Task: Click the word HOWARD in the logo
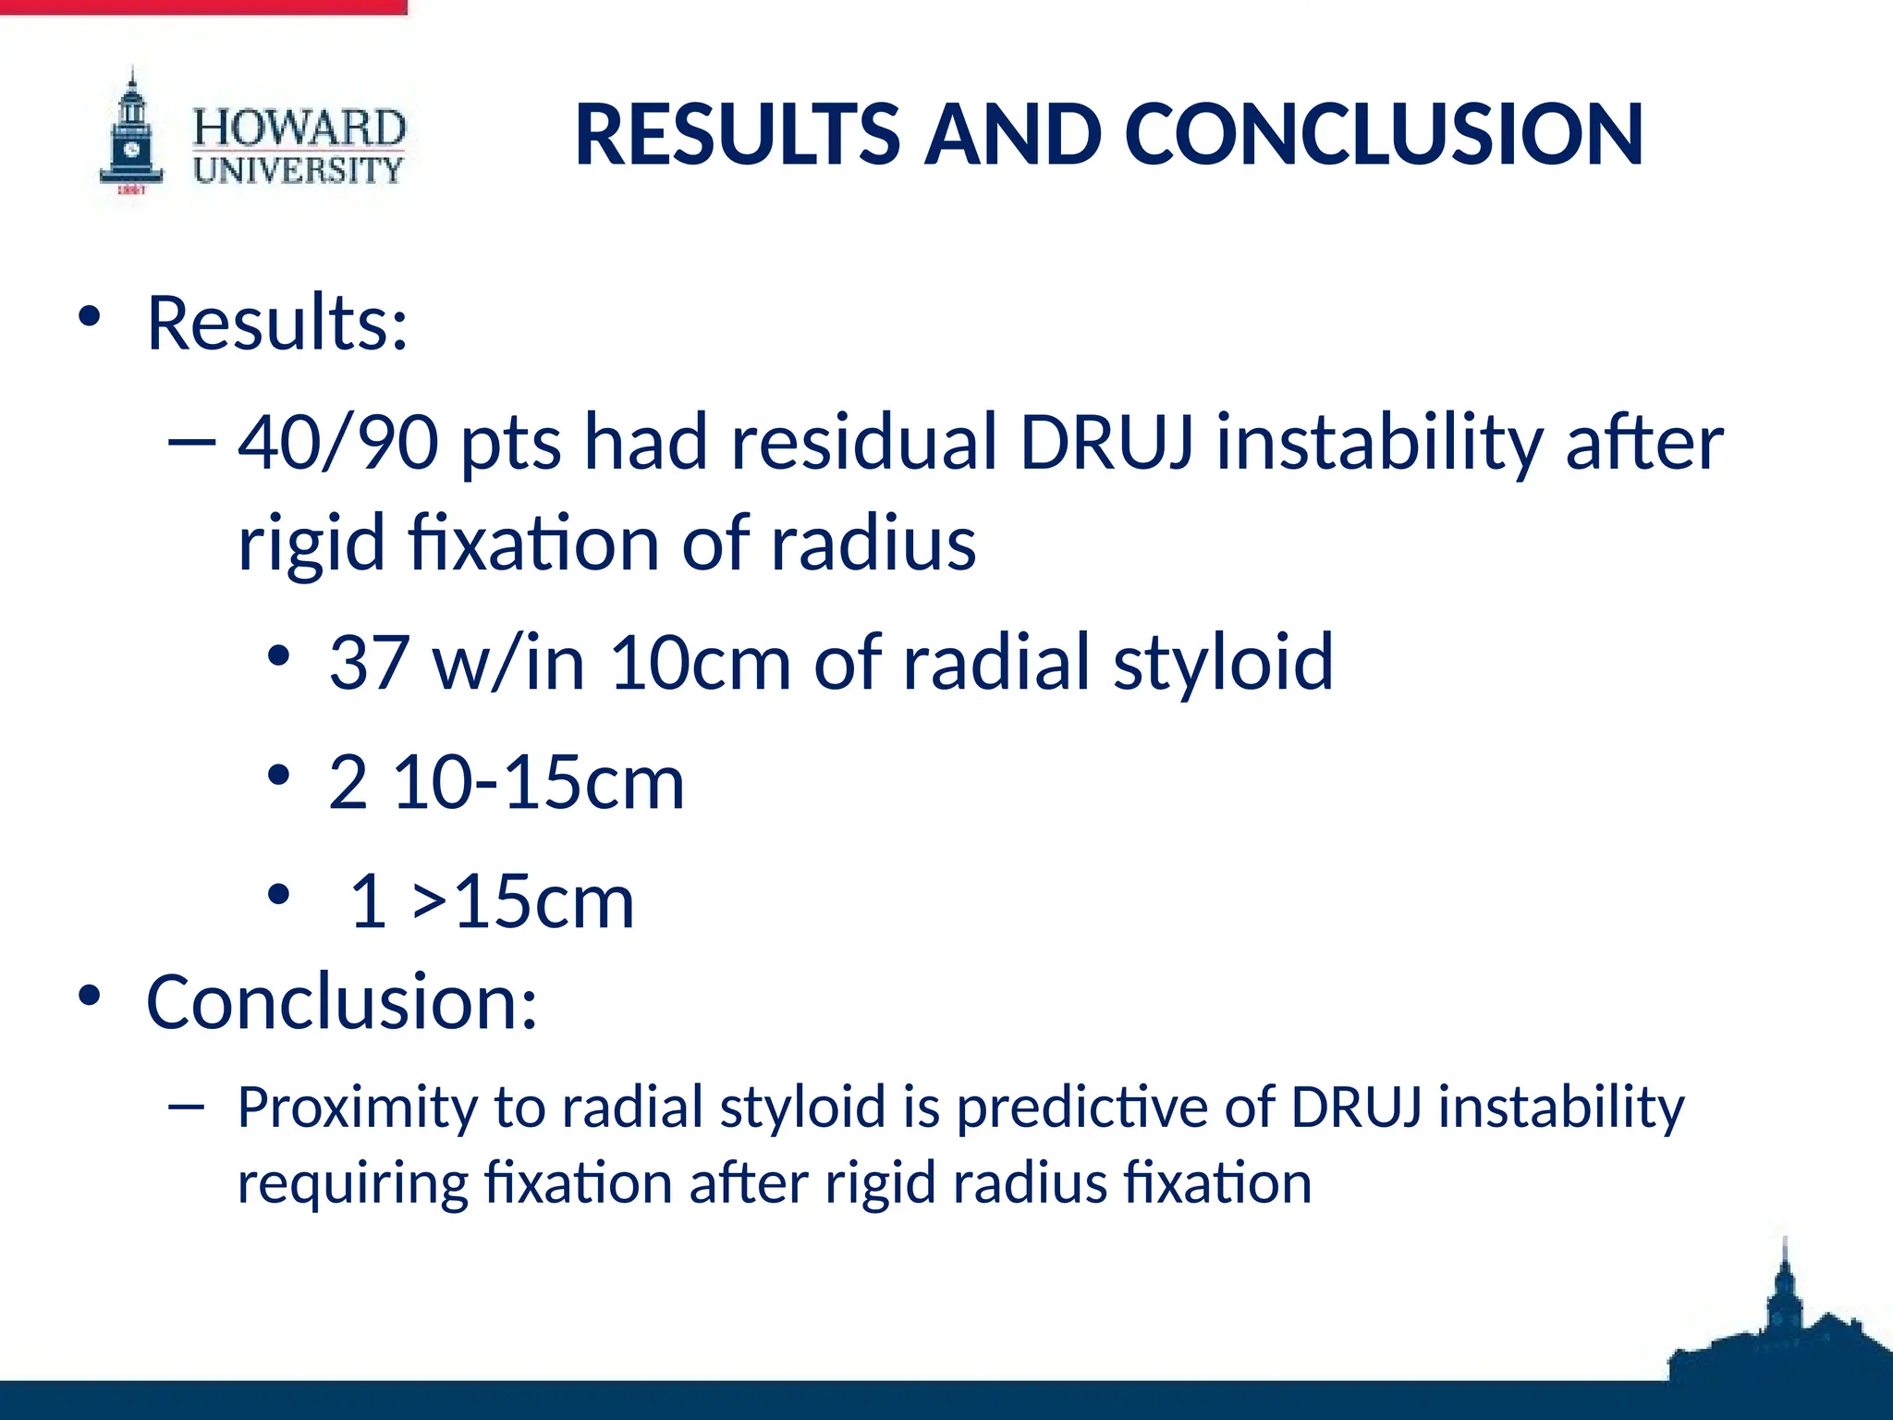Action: pyautogui.click(x=299, y=128)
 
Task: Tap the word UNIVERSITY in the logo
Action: pyautogui.click(x=299, y=170)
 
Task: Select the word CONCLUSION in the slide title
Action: pyautogui.click(x=1384, y=135)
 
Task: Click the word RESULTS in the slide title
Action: pyautogui.click(x=737, y=135)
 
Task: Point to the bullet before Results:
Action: pyautogui.click(x=89, y=318)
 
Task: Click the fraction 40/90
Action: pyautogui.click(x=338, y=442)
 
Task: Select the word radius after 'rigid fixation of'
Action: pyautogui.click(x=873, y=544)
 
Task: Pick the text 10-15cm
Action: pyautogui.click(x=539, y=782)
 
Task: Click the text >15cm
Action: pyautogui.click(x=523, y=901)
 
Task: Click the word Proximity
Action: pyautogui.click(x=355, y=1108)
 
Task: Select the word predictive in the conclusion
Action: pyautogui.click(x=1081, y=1108)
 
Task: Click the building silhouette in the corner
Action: pyautogui.click(x=1779, y=1331)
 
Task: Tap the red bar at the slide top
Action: pyautogui.click(x=203, y=6)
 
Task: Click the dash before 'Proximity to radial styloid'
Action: pyautogui.click(x=186, y=1105)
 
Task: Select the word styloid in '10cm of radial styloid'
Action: pyautogui.click(x=1223, y=662)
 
